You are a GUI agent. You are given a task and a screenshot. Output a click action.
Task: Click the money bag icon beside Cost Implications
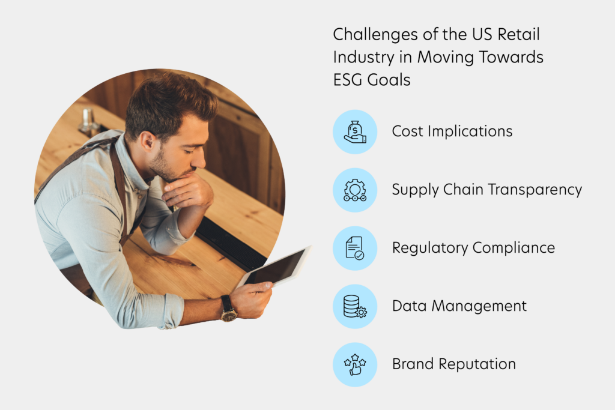point(355,132)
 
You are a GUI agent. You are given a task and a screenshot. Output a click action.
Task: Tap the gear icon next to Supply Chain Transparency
point(355,190)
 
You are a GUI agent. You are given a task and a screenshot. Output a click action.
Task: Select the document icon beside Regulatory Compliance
point(355,248)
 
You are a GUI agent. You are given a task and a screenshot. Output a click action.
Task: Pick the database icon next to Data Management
point(355,307)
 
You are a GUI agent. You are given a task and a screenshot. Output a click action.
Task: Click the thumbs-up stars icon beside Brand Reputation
point(355,364)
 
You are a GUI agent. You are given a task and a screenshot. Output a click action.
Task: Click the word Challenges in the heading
point(375,35)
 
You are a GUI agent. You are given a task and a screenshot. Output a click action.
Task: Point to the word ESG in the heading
point(348,80)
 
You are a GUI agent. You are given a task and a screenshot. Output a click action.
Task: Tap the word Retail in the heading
point(518,34)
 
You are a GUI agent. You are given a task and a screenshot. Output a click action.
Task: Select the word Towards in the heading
point(511,57)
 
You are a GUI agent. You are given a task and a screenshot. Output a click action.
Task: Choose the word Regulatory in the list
point(430,248)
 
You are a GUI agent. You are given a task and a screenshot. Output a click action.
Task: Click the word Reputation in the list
point(477,364)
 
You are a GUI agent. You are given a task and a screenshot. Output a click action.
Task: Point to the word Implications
point(470,131)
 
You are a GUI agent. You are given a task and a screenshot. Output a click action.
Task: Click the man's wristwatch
point(228,309)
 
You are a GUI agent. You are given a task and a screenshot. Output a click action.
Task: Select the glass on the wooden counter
point(88,121)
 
